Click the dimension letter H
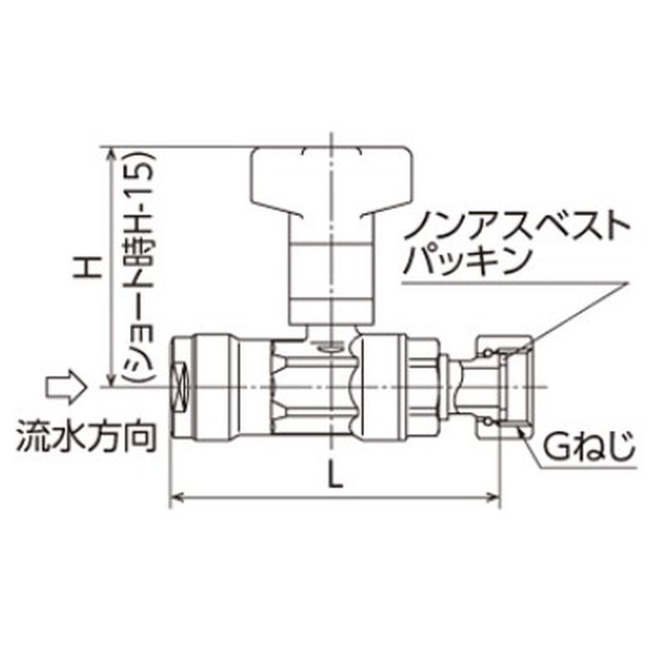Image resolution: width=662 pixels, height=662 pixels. pyautogui.click(x=88, y=266)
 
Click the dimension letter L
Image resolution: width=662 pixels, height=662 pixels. pyautogui.click(x=335, y=477)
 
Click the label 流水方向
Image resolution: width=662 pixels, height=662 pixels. pyautogui.click(x=87, y=434)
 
